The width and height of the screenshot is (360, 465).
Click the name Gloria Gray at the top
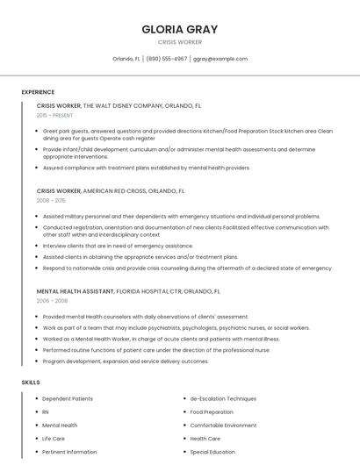179,29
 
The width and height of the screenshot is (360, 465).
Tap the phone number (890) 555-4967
166,59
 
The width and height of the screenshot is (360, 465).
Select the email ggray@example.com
220,59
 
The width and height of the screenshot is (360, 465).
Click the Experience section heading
38,92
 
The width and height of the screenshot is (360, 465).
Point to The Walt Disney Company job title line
119,105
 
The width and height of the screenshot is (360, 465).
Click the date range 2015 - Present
55,115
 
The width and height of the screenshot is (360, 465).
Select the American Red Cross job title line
111,190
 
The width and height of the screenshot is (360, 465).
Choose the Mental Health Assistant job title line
128,290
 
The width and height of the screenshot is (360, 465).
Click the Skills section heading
30,383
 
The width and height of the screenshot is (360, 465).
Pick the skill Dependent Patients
68,398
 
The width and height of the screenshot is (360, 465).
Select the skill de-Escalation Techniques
223,398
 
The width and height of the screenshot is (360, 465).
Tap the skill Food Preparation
212,411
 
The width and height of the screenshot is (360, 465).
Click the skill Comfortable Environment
223,425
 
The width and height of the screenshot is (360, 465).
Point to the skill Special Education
212,452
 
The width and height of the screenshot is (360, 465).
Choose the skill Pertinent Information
69,452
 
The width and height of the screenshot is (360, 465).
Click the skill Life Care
54,438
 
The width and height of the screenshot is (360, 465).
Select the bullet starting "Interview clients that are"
118,246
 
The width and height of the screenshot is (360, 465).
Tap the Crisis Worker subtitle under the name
179,42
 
